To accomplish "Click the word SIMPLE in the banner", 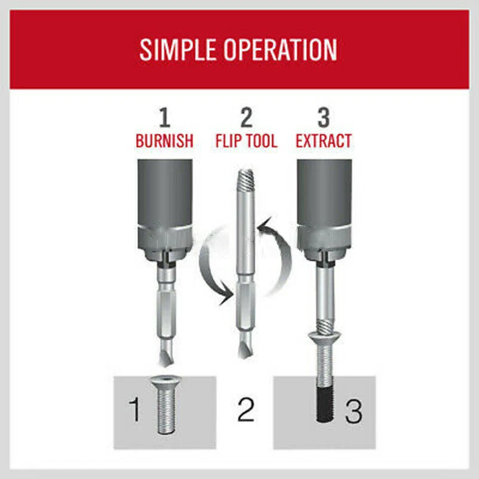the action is click(178, 50).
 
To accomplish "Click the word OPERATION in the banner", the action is click(280, 50).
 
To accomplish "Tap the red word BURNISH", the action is click(164, 141).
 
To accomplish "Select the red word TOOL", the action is click(259, 141).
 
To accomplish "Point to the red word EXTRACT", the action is click(323, 141).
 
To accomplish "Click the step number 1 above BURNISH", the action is click(164, 118).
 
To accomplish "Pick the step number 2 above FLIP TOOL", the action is click(247, 118).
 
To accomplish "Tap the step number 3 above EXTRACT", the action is click(323, 118).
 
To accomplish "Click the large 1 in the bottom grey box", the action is click(134, 410).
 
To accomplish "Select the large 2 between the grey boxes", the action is click(245, 410).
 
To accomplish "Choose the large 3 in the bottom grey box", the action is click(354, 411).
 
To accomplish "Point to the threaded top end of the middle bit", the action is click(246, 179).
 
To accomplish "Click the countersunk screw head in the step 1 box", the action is click(166, 381).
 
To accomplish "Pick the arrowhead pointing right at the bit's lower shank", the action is click(227, 295).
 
